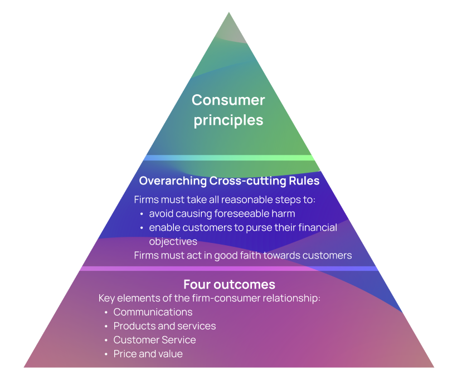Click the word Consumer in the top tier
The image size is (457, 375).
tap(229, 100)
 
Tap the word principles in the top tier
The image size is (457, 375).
tap(229, 120)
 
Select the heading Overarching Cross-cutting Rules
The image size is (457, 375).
tap(229, 181)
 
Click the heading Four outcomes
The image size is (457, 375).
tap(229, 284)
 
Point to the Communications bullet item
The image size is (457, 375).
tap(153, 312)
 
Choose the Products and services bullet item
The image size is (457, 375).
tap(164, 326)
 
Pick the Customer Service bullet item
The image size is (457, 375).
tap(154, 340)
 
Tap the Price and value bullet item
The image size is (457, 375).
tap(148, 354)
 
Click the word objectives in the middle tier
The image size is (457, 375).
tap(173, 241)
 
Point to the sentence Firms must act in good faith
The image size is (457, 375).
tap(243, 255)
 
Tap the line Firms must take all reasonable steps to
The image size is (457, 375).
tap(225, 199)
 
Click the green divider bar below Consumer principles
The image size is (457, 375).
tap(229, 158)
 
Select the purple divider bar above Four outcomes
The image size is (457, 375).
tap(229, 269)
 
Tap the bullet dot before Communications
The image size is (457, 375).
tap(106, 313)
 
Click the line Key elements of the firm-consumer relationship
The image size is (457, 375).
tap(210, 298)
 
